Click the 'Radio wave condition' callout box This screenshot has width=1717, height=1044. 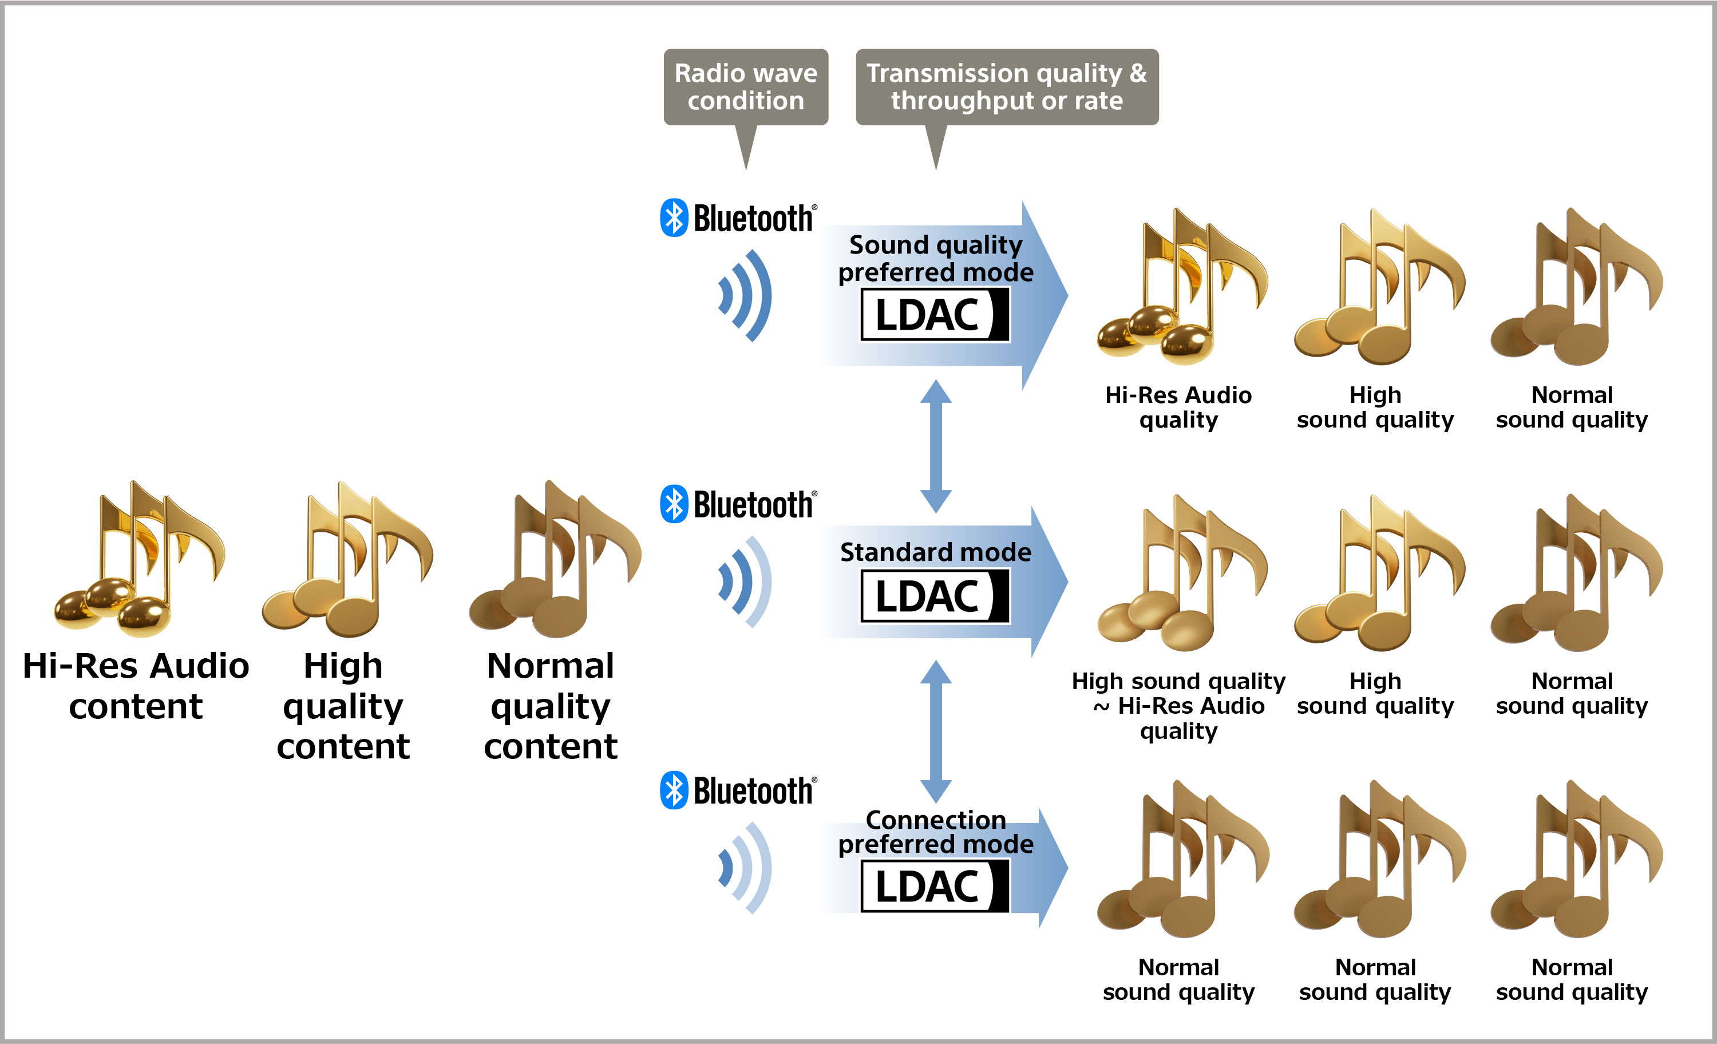(746, 87)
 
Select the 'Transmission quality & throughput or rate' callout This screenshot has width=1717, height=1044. (1006, 87)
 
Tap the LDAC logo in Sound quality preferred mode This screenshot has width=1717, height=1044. (935, 314)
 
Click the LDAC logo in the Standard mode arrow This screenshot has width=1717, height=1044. (935, 596)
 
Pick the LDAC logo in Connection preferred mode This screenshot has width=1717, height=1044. (935, 886)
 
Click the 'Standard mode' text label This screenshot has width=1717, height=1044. (935, 552)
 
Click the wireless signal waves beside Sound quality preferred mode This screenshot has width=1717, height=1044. (746, 295)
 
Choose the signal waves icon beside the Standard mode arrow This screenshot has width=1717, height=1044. (746, 582)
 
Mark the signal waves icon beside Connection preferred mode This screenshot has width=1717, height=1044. (746, 868)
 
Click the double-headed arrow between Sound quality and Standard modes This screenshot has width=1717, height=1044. (936, 446)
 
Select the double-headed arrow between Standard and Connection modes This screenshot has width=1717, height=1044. (936, 732)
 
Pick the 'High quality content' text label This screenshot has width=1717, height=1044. (343, 705)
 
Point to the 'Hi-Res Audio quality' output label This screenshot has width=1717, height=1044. (1178, 407)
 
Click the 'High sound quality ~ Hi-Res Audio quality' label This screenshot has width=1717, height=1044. (1178, 705)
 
